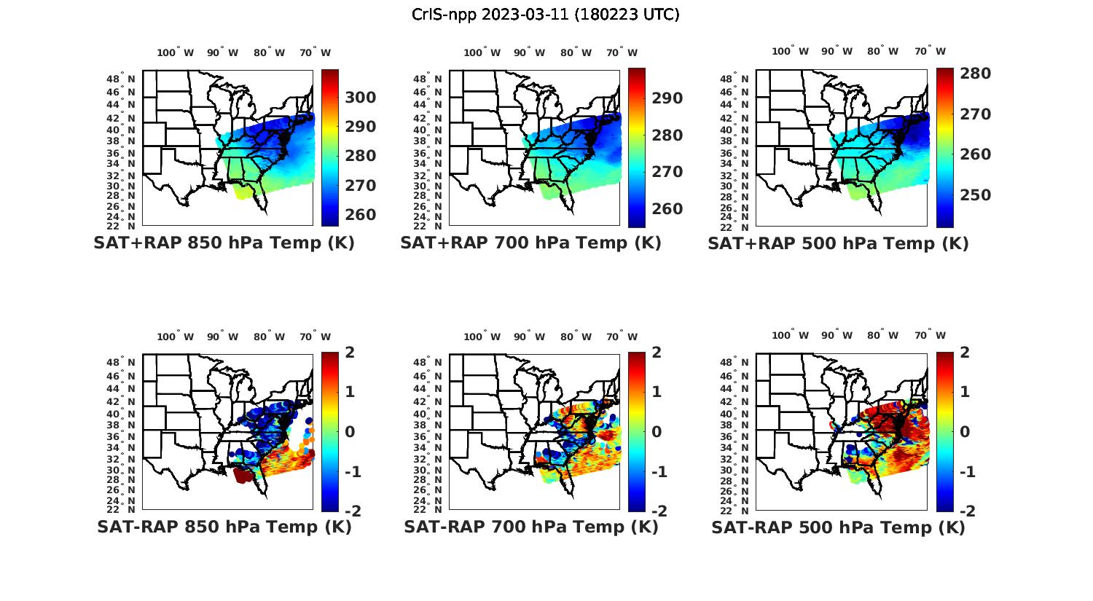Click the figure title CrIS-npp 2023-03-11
[545, 14]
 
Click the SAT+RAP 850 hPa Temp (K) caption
[224, 243]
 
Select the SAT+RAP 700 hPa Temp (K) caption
[530, 243]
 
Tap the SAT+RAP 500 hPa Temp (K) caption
[838, 243]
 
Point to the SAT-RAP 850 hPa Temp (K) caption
[224, 527]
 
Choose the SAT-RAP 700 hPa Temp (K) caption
[530, 527]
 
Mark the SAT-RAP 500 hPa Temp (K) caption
[838, 527]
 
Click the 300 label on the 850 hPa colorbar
[361, 98]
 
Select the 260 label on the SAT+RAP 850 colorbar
[361, 215]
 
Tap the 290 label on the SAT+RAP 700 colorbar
[667, 98]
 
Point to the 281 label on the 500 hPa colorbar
[975, 74]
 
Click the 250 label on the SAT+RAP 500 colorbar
[975, 195]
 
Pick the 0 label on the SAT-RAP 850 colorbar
[349, 431]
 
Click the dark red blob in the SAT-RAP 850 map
[243, 475]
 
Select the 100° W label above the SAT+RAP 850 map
[176, 52]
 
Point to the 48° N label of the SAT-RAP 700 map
[433, 363]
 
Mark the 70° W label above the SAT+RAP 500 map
[930, 52]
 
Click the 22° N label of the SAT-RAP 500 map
[740, 509]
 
